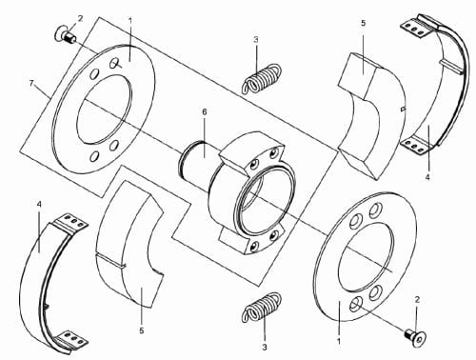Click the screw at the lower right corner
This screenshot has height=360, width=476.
tap(415, 335)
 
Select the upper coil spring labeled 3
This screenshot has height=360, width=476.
tap(262, 79)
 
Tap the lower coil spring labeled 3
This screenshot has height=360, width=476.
tap(262, 308)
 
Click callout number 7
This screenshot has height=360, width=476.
tap(31, 83)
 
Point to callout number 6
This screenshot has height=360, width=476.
tap(205, 111)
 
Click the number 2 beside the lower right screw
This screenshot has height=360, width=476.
tap(417, 299)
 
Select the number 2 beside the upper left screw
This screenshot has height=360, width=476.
tap(80, 19)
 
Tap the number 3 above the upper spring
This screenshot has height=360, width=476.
tap(256, 40)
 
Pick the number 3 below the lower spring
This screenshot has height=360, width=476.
tap(265, 348)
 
